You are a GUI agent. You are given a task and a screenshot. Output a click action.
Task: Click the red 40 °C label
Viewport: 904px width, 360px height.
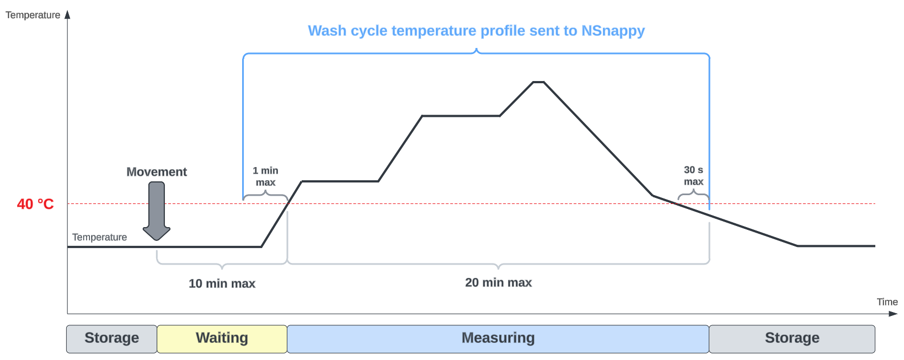click(35, 204)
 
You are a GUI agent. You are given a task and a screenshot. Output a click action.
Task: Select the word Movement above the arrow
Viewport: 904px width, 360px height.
click(157, 172)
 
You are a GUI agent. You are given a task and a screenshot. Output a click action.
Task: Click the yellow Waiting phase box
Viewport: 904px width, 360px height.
click(222, 338)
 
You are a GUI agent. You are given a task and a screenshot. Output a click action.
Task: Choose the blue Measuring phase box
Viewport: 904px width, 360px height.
click(498, 338)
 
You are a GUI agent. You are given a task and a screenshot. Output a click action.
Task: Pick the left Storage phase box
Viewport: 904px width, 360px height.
click(111, 338)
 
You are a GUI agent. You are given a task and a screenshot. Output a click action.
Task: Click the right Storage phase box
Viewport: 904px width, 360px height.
click(791, 338)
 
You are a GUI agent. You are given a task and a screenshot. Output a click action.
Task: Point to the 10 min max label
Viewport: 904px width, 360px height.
click(222, 283)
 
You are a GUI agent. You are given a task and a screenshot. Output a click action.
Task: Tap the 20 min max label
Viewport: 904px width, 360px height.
click(498, 283)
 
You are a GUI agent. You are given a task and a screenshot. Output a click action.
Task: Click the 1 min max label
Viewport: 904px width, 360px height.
click(265, 176)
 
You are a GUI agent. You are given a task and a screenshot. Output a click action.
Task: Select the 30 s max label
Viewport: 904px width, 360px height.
click(693, 176)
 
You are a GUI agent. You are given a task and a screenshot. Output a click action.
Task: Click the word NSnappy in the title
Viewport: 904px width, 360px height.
click(613, 31)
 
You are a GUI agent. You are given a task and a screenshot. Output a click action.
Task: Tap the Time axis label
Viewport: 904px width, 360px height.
click(887, 302)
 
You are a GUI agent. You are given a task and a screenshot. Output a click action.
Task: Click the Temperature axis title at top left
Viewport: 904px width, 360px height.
click(33, 15)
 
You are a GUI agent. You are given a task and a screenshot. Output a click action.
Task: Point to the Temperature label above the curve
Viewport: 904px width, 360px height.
click(99, 237)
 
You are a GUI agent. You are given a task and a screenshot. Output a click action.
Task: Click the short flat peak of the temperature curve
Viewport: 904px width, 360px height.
click(538, 82)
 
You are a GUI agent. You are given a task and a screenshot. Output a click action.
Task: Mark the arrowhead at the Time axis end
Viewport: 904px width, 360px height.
click(894, 314)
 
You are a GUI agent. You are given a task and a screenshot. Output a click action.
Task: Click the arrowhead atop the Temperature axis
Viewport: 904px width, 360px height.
click(68, 14)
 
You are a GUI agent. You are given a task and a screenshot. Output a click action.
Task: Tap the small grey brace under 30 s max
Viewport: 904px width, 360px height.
click(693, 194)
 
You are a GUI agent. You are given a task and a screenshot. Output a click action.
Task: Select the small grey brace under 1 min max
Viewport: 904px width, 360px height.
click(265, 195)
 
